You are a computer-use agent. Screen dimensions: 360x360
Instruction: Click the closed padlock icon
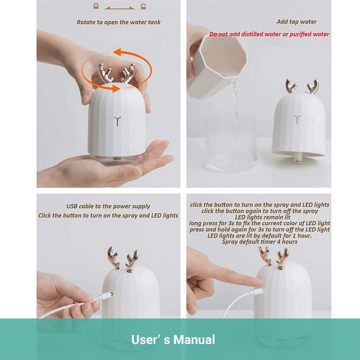pos(96,6)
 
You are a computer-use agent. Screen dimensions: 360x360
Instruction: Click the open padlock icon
pos(143,6)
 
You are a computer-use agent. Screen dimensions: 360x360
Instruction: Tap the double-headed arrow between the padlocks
pos(120,8)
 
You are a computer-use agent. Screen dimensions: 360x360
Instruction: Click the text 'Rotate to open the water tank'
pos(118,22)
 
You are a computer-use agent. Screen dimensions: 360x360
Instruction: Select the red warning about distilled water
pos(269,34)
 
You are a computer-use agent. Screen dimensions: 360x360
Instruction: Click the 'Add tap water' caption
pos(296,22)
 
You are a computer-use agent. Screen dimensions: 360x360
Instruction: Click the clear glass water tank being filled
pos(231,143)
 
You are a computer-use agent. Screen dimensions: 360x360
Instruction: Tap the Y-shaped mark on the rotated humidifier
pos(117,121)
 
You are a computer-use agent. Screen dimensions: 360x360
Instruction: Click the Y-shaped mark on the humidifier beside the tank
pos(297,119)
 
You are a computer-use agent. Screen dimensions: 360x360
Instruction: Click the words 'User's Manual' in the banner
pos(173,339)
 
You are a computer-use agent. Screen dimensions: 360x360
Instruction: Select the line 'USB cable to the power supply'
pos(108,206)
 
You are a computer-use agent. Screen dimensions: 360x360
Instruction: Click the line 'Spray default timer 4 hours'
pos(260,242)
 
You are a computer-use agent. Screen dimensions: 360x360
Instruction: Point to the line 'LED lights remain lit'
pos(263,217)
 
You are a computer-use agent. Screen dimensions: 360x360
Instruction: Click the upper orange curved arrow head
pos(118,52)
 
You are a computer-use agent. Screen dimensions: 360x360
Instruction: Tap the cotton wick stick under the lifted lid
pos(297,159)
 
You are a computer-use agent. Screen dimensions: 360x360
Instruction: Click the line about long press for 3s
pos(260,223)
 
